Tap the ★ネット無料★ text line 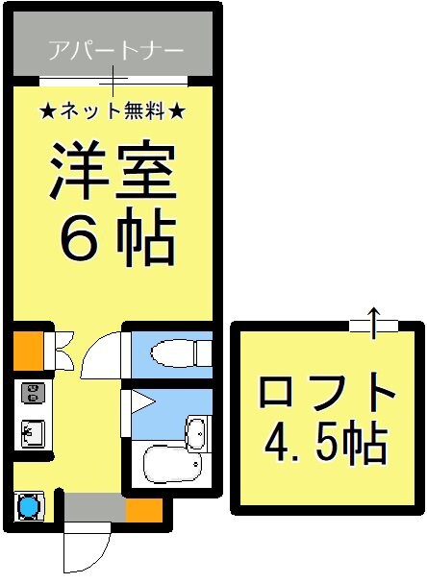pos(113,110)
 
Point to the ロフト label pos(327,394)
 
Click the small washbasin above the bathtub pos(196,432)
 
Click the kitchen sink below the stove pos(31,434)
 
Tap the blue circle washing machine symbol pos(29,505)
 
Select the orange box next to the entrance pos(143,507)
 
